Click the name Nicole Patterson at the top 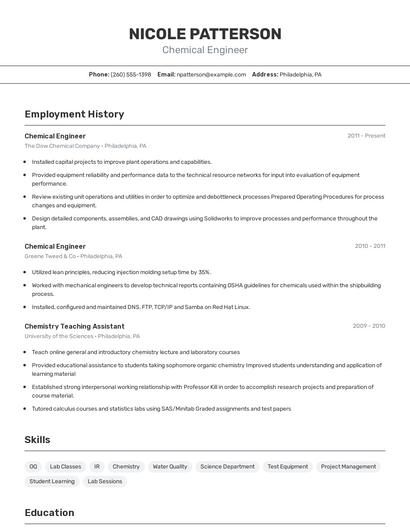205,33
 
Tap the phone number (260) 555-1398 131,74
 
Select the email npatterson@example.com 211,74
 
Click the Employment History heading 74,114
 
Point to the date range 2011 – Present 366,136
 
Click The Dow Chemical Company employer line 85,146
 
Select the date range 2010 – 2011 369,246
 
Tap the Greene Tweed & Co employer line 73,256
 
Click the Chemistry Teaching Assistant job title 74,326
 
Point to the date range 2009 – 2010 368,326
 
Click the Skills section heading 37,439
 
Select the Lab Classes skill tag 65,466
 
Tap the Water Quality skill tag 169,466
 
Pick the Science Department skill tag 227,466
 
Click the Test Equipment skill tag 287,466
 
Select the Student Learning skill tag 52,481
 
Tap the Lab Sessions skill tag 105,481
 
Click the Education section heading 49,513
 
